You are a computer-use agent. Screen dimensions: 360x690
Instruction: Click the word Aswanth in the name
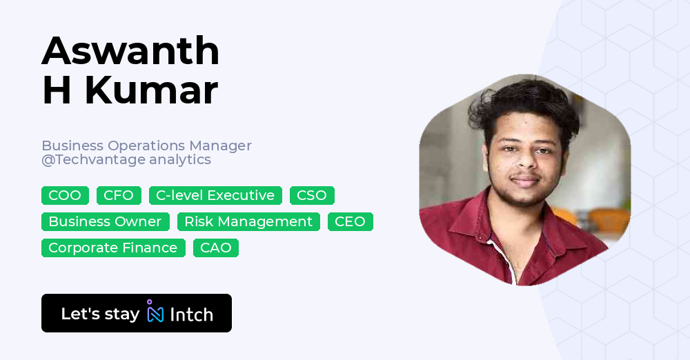(130, 51)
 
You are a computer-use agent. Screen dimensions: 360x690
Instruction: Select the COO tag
(65, 196)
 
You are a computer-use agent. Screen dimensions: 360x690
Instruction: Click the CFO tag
(119, 196)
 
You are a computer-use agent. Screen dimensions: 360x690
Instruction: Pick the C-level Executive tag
(215, 196)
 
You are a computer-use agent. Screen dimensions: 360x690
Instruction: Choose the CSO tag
(312, 196)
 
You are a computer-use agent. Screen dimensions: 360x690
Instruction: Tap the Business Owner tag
(105, 222)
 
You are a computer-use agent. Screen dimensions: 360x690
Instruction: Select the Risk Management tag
(248, 222)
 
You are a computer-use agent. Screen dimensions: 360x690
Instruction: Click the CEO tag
(351, 222)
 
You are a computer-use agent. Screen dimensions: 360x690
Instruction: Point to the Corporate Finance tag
(113, 248)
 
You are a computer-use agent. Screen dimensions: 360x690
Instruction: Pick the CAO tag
(216, 248)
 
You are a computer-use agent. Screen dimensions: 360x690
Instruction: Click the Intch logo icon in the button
(155, 312)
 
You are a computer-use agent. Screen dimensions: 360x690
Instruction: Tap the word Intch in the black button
(192, 314)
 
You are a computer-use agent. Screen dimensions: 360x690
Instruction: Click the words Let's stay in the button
(100, 314)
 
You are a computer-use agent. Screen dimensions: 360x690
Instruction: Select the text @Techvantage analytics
(126, 160)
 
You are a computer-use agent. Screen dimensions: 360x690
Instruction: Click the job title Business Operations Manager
(146, 146)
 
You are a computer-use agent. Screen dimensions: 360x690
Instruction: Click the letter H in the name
(57, 90)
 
